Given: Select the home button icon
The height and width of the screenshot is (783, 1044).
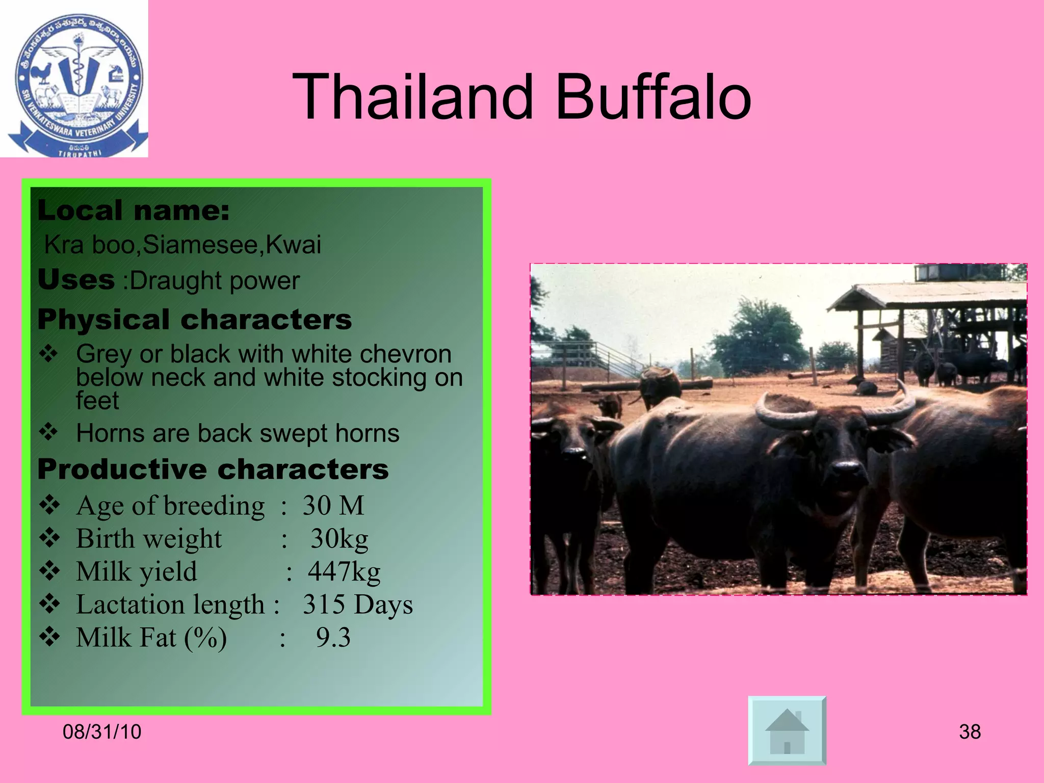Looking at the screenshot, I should [x=787, y=730].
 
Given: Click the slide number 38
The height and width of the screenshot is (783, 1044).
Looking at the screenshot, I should [x=970, y=732].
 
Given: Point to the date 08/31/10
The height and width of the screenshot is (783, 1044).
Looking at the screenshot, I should [x=102, y=732].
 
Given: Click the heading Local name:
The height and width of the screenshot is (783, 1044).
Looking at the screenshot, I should [x=134, y=211].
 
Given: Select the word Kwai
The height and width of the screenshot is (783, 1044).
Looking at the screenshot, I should [x=294, y=245].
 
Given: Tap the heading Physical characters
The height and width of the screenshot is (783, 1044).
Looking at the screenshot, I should [x=195, y=320].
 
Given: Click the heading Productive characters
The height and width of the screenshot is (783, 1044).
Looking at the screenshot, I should [x=213, y=469].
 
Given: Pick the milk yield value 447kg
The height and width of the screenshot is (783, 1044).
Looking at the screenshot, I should [x=344, y=571].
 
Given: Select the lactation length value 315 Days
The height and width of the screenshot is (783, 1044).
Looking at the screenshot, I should [x=357, y=605].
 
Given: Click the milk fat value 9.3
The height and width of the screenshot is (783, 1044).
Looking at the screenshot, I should [x=333, y=638].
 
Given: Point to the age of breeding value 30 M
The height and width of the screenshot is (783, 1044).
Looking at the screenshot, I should [x=333, y=506].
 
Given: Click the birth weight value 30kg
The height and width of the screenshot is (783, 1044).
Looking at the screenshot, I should [x=339, y=539].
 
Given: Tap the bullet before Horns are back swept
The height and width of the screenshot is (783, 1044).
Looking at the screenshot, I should [x=49, y=433].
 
